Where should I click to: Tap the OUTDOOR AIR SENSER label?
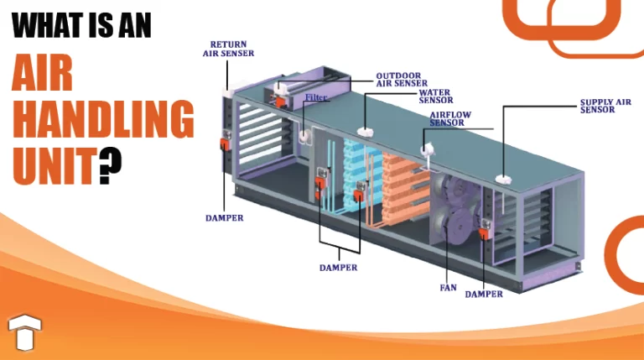[x=402, y=79]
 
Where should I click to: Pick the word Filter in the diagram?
[x=316, y=98]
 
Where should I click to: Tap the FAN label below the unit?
[x=449, y=288]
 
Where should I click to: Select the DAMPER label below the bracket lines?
[x=338, y=268]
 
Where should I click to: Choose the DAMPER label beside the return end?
[x=225, y=218]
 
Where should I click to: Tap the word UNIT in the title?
[x=53, y=165]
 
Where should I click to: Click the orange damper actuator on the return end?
[x=225, y=144]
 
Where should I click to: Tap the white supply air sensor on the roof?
[x=503, y=179]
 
